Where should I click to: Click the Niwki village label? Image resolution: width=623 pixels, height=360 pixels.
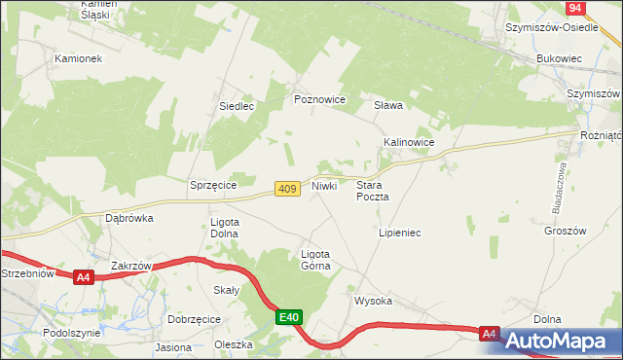tap(324, 185)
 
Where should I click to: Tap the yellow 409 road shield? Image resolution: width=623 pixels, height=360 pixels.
tap(286, 189)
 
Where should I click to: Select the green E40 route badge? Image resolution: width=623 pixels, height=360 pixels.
tap(289, 317)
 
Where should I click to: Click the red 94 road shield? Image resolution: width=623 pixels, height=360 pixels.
tap(575, 8)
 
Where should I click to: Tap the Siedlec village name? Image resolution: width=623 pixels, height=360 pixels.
tap(237, 106)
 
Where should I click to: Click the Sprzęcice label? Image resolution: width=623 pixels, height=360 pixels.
tap(214, 184)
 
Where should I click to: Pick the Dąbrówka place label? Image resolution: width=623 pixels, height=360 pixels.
tap(129, 218)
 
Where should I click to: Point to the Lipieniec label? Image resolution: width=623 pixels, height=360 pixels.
tap(399, 234)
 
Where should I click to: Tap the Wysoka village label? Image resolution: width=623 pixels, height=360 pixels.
tap(373, 302)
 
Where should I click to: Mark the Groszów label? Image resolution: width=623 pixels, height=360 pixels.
tap(567, 232)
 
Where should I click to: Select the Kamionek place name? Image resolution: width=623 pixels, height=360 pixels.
tap(79, 58)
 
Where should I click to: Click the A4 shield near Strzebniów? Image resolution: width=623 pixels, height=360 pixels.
tap(84, 277)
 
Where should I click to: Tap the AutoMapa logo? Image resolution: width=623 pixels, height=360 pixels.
tap(558, 341)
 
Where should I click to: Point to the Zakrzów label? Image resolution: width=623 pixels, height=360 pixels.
tap(131, 266)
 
